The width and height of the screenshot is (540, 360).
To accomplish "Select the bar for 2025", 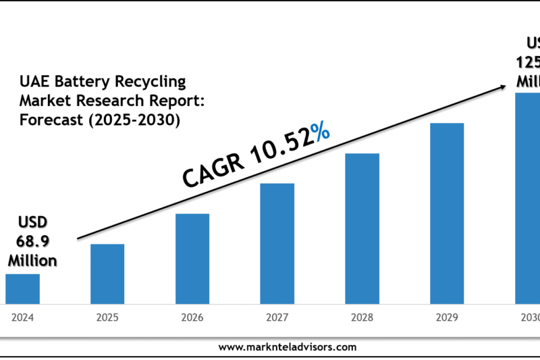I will point(107,273).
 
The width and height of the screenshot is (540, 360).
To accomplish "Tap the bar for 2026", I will point(192,258).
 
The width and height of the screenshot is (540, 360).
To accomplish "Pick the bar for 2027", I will point(277,242).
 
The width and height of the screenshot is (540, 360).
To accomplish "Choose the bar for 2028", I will point(362,228).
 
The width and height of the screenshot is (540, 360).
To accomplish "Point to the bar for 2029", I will point(447,213).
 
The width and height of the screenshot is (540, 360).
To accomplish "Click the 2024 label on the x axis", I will point(22,316).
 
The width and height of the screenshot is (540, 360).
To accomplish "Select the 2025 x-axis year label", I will point(107,316).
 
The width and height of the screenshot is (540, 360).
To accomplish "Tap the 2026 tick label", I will point(192,316).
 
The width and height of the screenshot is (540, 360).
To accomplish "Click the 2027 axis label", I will point(277,316).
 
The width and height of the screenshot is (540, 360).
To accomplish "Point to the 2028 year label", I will point(362,316).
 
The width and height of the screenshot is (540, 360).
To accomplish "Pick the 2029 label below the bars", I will point(447,316).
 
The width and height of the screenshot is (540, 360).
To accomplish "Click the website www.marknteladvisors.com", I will point(288,347).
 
